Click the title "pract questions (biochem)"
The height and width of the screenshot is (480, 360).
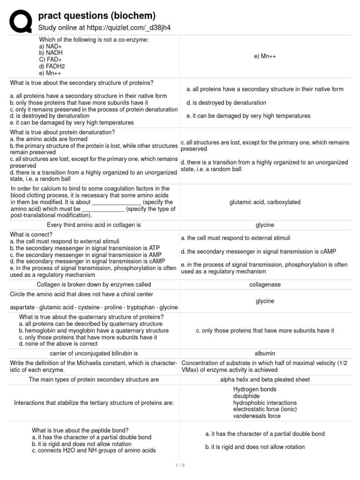tap(97, 16)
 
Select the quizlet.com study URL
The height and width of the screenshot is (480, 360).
tap(104, 28)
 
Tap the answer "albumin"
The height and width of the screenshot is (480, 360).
tap(265, 353)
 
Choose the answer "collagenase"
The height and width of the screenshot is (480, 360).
tap(265, 284)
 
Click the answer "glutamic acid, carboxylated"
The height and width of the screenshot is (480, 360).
tap(265, 202)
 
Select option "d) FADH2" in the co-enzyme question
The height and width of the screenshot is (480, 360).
tap(52, 66)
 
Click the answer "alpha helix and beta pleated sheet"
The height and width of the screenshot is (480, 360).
tap(265, 379)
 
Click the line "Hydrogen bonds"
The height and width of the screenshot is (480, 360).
tap(255, 389)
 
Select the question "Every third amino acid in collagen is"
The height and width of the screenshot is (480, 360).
tap(94, 225)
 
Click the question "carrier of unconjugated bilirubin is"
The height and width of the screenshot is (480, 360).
tap(94, 353)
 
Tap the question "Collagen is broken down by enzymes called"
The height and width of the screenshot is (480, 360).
tap(94, 284)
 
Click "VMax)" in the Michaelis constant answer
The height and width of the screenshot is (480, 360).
tap(192, 369)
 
